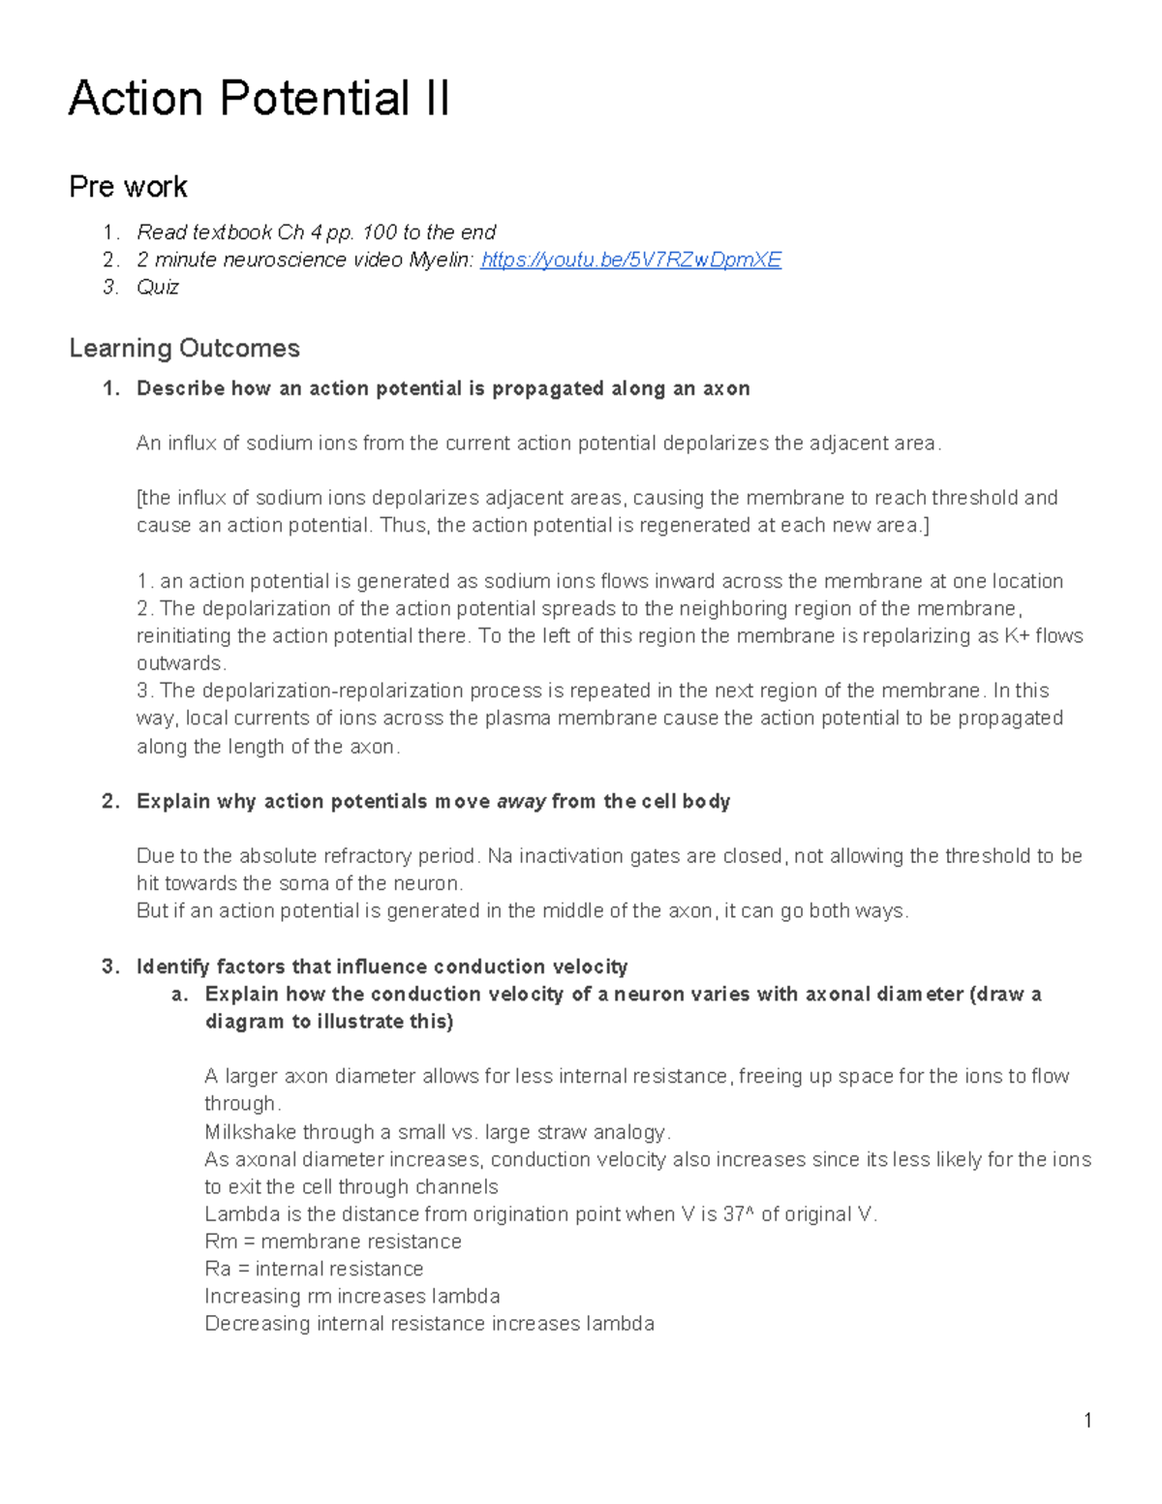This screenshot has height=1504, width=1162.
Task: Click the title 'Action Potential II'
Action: click(259, 99)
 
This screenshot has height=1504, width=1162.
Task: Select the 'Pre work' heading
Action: click(128, 187)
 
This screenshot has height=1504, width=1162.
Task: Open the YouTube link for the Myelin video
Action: click(630, 260)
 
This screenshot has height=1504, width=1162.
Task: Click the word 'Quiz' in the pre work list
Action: click(158, 287)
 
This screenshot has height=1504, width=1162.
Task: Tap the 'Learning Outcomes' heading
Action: click(184, 349)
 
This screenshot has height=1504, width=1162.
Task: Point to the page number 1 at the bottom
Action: click(1087, 1421)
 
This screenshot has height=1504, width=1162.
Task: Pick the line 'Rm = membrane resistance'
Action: click(333, 1242)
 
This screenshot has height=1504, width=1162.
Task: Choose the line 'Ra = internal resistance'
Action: click(314, 1269)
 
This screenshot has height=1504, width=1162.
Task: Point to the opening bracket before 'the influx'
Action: click(139, 498)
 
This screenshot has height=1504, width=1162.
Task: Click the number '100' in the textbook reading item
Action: click(380, 232)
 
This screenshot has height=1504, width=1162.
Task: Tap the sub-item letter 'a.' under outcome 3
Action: click(179, 995)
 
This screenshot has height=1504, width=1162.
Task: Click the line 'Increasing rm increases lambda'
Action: click(352, 1296)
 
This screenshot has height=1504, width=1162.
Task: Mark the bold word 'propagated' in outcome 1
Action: click(547, 389)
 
